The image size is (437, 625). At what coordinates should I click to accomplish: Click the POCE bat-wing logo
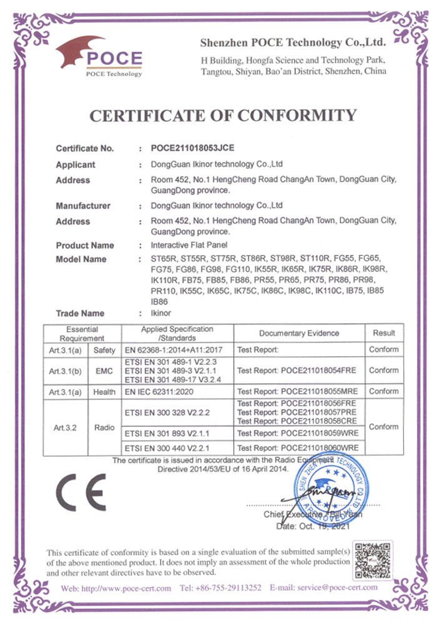[x=100, y=55]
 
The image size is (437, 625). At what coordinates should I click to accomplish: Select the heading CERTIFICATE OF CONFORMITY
[x=223, y=116]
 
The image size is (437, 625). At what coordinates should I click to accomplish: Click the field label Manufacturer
[x=83, y=206]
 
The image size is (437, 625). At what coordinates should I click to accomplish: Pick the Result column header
[x=383, y=333]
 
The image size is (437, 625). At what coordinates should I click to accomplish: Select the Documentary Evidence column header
[x=299, y=333]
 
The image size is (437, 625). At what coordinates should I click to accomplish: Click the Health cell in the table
[x=104, y=392]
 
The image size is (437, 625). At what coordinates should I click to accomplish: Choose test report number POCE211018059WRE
[x=298, y=432]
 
